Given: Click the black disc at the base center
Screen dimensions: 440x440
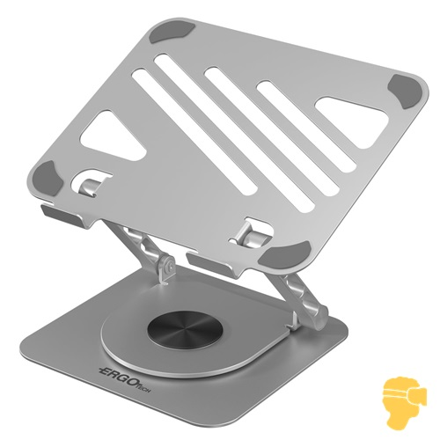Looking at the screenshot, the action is click(185, 332).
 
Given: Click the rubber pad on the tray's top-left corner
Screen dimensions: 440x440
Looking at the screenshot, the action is click(172, 31).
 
